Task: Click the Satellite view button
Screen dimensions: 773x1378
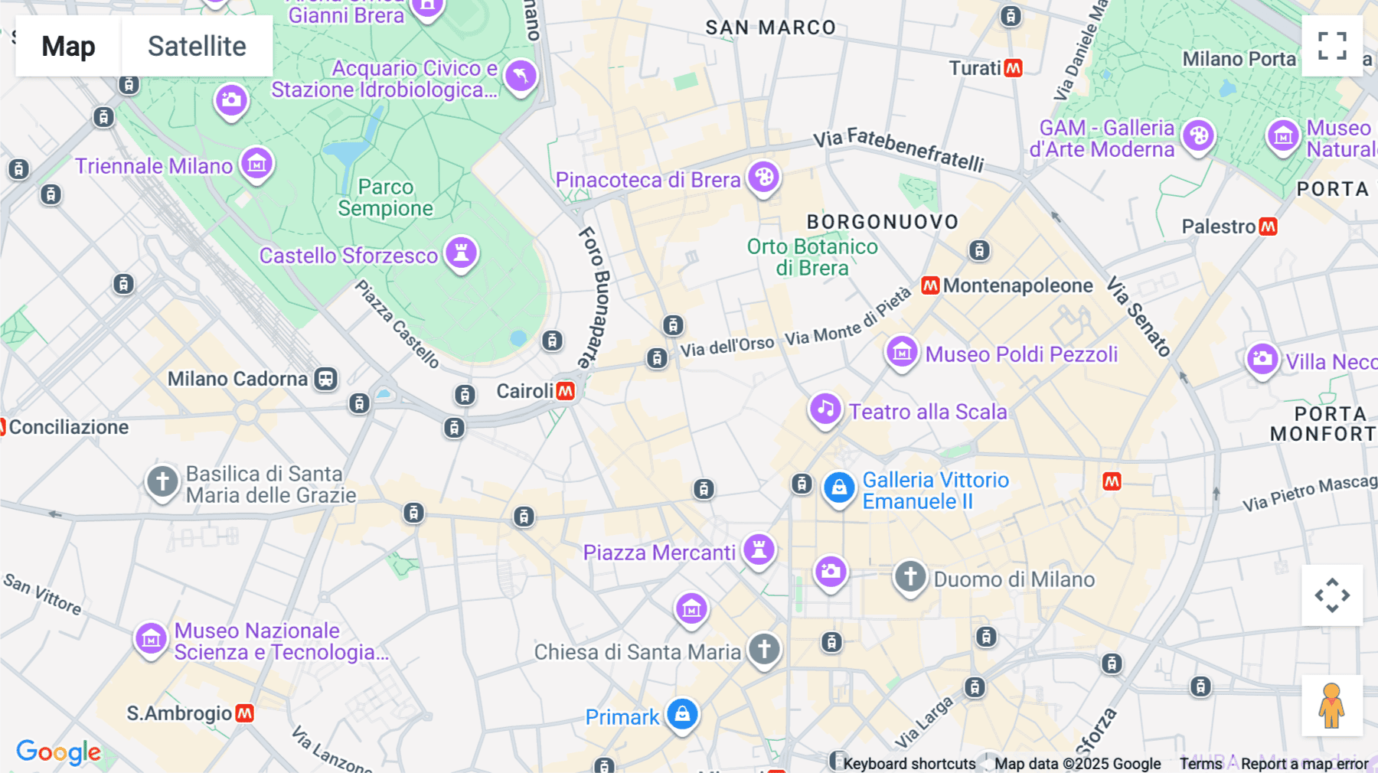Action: click(x=197, y=46)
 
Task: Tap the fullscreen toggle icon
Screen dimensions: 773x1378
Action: click(x=1332, y=46)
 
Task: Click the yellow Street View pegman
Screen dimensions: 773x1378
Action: click(x=1331, y=706)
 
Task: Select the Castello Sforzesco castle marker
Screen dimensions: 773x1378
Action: click(x=461, y=252)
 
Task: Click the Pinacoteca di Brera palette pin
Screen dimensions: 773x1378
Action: click(x=763, y=178)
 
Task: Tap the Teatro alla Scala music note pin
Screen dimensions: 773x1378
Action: click(x=825, y=409)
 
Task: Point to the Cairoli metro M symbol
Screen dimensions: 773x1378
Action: click(x=566, y=391)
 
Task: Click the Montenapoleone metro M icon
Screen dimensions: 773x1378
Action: click(x=930, y=285)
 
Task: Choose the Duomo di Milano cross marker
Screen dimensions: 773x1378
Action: click(x=910, y=576)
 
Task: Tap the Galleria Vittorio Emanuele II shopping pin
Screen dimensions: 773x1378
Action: click(x=839, y=488)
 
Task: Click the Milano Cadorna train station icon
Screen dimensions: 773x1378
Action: click(x=326, y=379)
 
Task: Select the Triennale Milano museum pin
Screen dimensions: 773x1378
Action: click(x=257, y=164)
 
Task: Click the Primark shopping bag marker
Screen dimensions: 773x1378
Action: click(x=682, y=714)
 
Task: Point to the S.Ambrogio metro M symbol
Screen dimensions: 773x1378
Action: click(x=244, y=713)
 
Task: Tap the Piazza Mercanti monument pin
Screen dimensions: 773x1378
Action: click(x=759, y=550)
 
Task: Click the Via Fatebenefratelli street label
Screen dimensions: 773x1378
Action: click(x=899, y=150)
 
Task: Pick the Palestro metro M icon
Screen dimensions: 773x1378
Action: click(x=1269, y=227)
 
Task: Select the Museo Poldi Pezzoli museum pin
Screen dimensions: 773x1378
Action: click(x=902, y=353)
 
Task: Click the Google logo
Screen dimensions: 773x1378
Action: click(x=58, y=752)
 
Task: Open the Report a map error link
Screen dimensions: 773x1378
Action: click(x=1305, y=764)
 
